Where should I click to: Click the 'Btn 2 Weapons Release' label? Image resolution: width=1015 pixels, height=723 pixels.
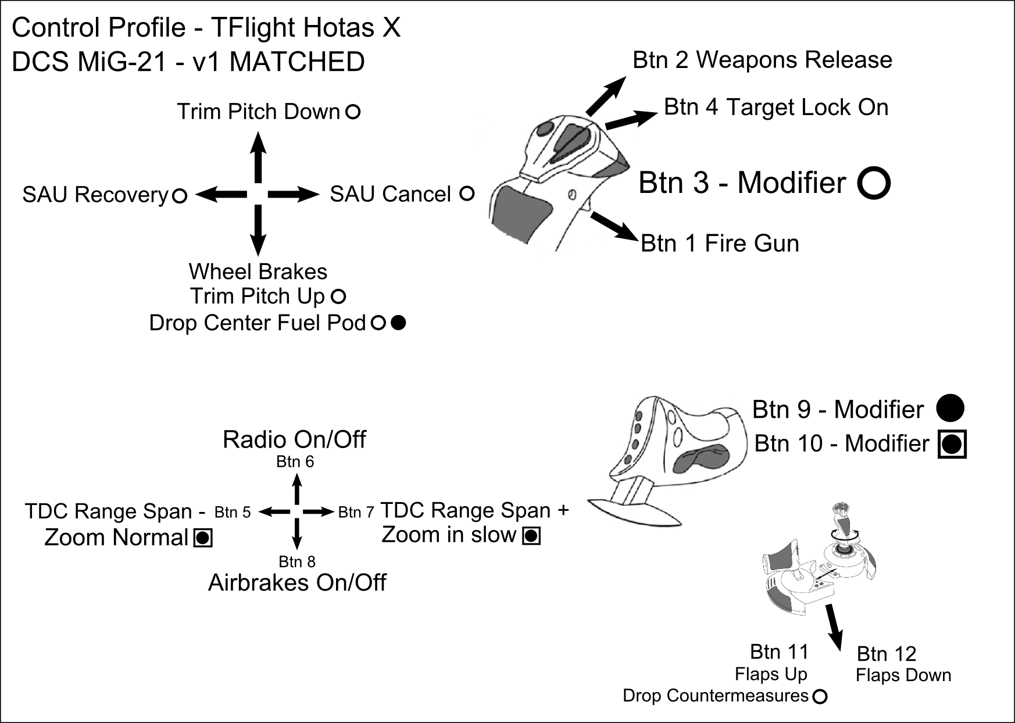[x=762, y=60]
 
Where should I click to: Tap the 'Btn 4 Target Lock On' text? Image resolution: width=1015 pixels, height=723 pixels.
[x=776, y=108]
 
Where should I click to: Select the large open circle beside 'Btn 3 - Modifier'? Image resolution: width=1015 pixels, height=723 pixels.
[x=874, y=183]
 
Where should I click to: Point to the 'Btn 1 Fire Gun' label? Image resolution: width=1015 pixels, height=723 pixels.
[x=720, y=244]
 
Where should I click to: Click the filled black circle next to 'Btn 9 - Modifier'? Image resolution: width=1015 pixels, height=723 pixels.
[x=950, y=408]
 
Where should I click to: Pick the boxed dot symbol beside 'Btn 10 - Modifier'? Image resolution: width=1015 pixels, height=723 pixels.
[x=952, y=445]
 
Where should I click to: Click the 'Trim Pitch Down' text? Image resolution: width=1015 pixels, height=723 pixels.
[x=258, y=112]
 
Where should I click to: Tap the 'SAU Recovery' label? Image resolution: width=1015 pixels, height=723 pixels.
[x=95, y=195]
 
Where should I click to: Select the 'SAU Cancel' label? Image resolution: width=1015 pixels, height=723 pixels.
[x=390, y=194]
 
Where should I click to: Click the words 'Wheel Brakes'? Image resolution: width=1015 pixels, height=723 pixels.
[x=258, y=272]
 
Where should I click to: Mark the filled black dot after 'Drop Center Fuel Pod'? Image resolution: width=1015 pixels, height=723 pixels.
[x=398, y=323]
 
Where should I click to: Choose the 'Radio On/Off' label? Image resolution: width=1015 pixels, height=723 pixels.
[x=294, y=440]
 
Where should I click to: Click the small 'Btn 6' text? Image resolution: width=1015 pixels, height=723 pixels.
[x=295, y=462]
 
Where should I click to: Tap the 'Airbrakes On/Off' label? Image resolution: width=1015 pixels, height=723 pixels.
[x=297, y=583]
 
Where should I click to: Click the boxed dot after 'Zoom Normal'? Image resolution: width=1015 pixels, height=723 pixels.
[x=203, y=538]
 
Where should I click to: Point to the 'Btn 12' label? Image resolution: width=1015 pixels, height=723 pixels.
[x=887, y=654]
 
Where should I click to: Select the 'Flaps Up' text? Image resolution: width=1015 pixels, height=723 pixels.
[x=771, y=674]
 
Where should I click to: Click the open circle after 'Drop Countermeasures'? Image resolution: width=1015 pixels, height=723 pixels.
[x=820, y=696]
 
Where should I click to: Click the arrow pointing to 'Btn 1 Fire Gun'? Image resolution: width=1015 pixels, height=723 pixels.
[x=614, y=227]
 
